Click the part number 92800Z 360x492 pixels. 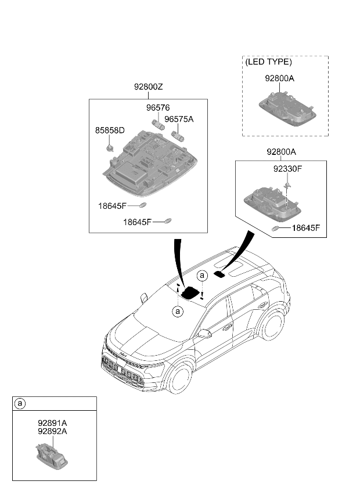pos(148,86)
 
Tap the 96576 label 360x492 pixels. pos(158,108)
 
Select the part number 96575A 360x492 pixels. pos(179,120)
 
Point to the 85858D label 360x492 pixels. pos(110,130)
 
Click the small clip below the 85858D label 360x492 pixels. pos(110,147)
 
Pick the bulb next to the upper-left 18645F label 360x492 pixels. pos(143,205)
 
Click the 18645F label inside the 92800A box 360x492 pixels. pos(305,228)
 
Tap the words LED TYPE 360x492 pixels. pos(269,62)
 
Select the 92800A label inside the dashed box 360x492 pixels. pos(280,78)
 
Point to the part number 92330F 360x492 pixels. pos(287,169)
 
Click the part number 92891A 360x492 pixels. pos(52,423)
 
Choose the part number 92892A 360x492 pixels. pos(52,431)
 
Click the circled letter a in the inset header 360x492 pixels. pos(20,403)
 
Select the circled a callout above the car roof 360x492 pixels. pos(202,276)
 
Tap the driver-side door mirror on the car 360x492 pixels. pos(204,334)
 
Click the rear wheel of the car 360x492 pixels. pos(271,325)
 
